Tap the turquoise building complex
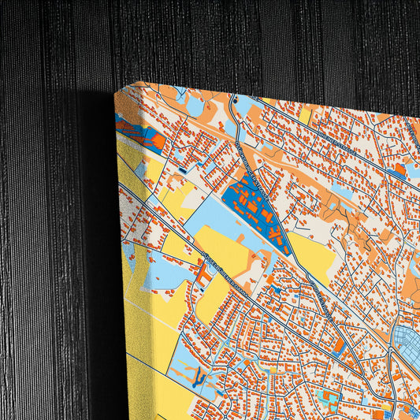tap(327, 398)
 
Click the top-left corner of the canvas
tap(116, 92)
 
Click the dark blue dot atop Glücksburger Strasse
tap(233, 102)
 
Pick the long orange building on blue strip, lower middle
tap(339, 347)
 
